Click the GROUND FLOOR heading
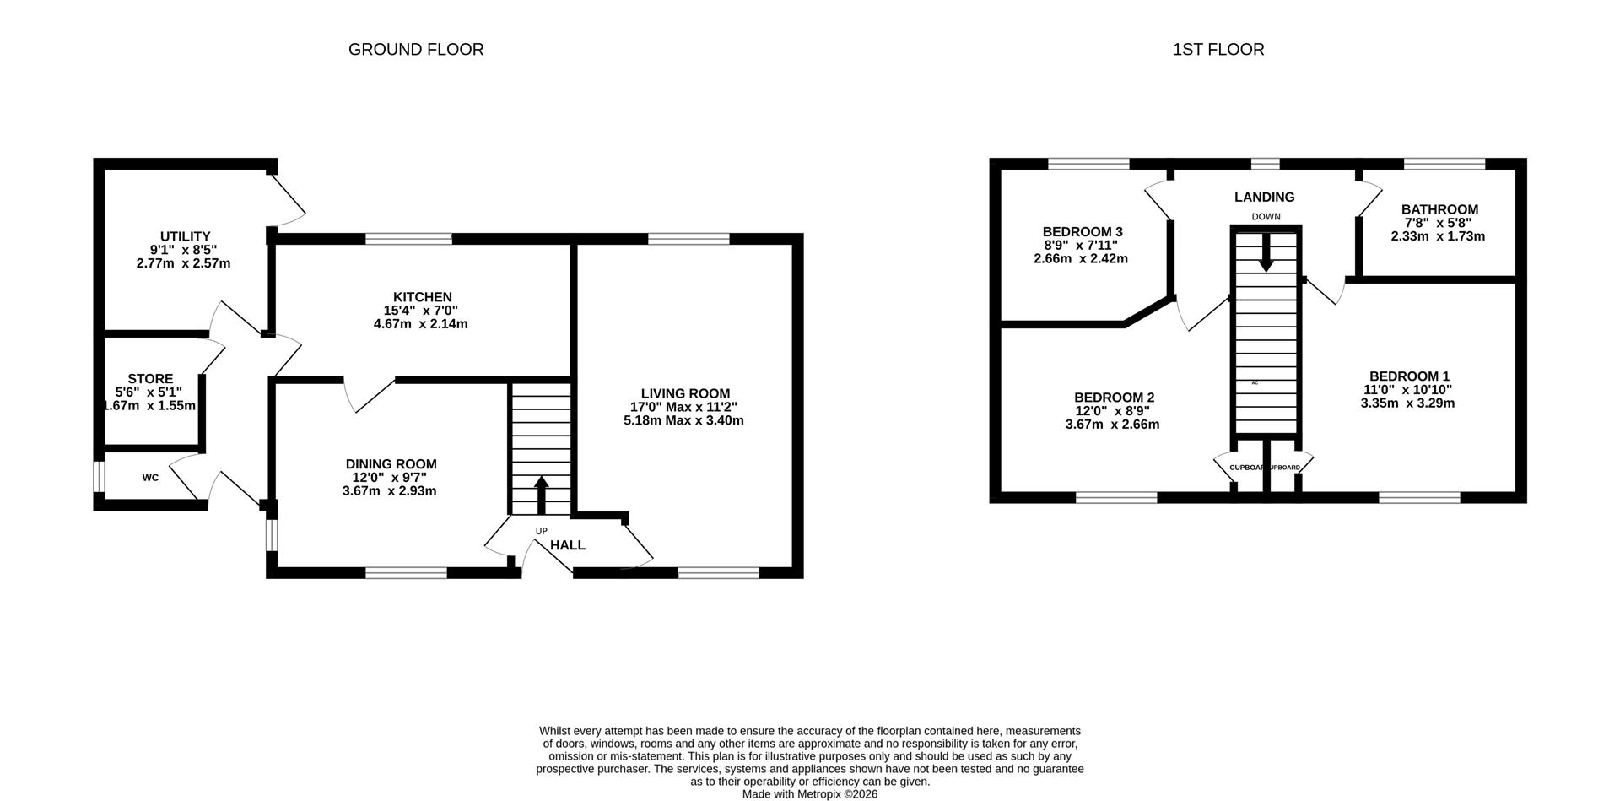[x=416, y=50]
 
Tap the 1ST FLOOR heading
[x=1218, y=50]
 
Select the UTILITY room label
[x=185, y=236]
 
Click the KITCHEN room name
[x=422, y=297]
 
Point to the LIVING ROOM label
[x=685, y=393]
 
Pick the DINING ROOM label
[x=391, y=464]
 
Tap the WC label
[x=150, y=478]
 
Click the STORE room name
[x=150, y=379]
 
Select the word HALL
[x=568, y=545]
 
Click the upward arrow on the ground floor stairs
[x=540, y=495]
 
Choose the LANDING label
[x=1264, y=198]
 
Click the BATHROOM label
[x=1439, y=209]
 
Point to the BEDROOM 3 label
[x=1083, y=232]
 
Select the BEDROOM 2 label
[x=1114, y=398]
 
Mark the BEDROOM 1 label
[x=1409, y=376]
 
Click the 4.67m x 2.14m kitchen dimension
[x=420, y=324]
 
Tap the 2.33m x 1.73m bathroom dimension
[x=1438, y=236]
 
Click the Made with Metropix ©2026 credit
[x=810, y=794]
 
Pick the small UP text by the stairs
[x=541, y=531]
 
